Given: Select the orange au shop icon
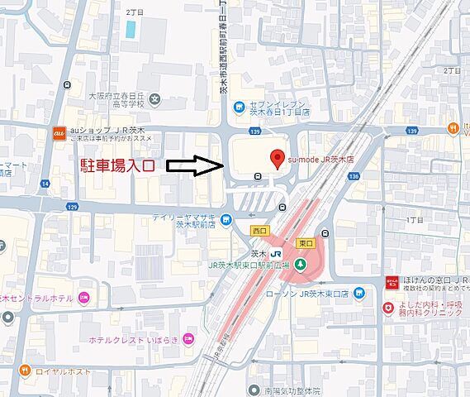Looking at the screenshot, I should (x=59, y=133).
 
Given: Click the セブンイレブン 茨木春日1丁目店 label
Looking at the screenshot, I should (x=281, y=108).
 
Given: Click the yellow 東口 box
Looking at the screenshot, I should (x=305, y=243).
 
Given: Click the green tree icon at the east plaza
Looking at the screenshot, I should (x=301, y=264).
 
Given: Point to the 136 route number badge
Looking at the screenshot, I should (x=354, y=176).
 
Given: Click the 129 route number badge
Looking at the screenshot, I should (x=72, y=205).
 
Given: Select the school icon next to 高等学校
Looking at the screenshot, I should (x=154, y=100).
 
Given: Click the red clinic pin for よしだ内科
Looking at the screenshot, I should (x=387, y=309).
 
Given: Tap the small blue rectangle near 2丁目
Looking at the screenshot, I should (x=131, y=28).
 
